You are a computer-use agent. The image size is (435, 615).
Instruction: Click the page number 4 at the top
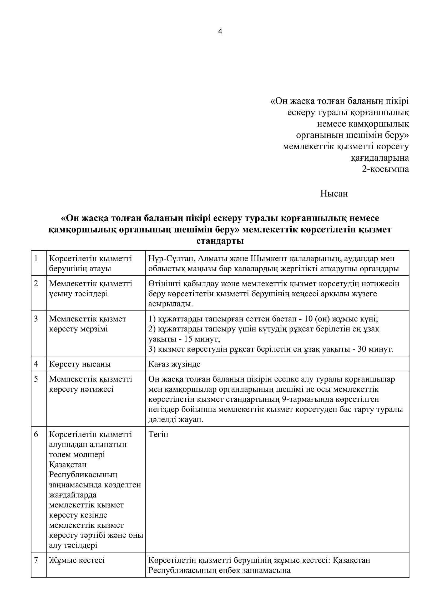click(220, 32)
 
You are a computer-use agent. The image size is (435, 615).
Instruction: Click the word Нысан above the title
click(334, 194)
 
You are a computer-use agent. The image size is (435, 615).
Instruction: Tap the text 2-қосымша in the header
click(386, 169)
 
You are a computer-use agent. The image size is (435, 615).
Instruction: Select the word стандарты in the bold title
click(220, 241)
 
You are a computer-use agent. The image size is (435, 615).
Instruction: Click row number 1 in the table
click(36, 259)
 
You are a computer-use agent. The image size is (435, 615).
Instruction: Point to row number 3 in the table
click(36, 319)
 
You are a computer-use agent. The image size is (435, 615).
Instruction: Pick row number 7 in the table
click(36, 560)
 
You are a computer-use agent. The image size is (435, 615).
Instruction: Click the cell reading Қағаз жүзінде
click(174, 364)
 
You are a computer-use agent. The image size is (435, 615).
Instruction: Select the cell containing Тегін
click(158, 434)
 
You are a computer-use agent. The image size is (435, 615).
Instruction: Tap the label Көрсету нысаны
click(80, 364)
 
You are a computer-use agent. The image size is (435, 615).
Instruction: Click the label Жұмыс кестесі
click(77, 560)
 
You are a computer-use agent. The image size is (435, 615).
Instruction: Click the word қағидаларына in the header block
click(380, 158)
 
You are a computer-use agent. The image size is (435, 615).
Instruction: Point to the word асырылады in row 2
click(170, 304)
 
